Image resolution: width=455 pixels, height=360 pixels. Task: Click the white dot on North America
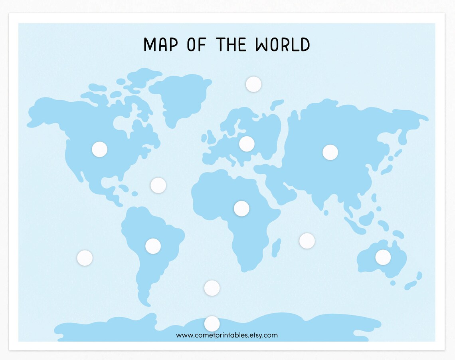(99, 149)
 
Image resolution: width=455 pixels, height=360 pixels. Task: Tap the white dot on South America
(153, 246)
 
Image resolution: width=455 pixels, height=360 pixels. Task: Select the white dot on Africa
(241, 208)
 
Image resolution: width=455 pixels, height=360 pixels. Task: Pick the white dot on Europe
(247, 144)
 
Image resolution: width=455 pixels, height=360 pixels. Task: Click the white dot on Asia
(330, 152)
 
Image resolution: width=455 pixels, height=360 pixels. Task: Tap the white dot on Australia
(383, 257)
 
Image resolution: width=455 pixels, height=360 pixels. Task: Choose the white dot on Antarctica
(212, 324)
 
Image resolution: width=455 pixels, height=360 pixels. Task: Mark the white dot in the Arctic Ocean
(253, 84)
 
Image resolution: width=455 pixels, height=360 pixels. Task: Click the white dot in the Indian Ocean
(307, 241)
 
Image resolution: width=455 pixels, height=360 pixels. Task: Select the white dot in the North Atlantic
(158, 185)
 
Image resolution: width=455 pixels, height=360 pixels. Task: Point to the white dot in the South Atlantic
(212, 288)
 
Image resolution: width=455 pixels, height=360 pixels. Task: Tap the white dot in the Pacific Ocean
(85, 258)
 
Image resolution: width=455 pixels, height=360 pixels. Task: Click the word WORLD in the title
(283, 44)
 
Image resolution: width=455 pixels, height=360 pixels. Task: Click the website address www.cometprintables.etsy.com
(227, 335)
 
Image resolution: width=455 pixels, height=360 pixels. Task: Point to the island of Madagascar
(275, 248)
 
